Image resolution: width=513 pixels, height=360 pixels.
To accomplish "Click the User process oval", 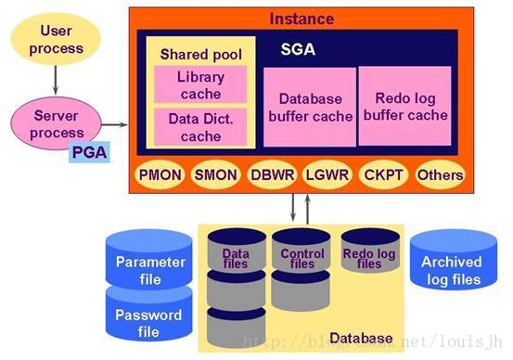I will tap(56, 40).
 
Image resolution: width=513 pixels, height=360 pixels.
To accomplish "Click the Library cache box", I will tap(200, 86).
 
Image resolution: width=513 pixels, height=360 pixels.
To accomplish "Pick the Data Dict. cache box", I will tap(200, 127).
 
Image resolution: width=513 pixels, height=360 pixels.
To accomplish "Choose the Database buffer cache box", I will tap(310, 108).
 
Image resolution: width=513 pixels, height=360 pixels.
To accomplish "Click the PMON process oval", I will tap(160, 174).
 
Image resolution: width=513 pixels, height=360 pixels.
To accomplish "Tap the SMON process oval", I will tap(215, 174).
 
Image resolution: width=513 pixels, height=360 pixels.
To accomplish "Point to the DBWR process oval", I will tap(272, 174).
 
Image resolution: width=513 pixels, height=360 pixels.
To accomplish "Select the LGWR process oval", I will tap(327, 174).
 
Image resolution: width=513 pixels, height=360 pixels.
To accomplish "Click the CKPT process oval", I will tap(383, 174).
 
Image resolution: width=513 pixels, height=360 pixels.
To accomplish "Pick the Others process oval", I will tap(439, 174).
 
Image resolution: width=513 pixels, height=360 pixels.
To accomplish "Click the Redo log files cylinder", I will tap(368, 253).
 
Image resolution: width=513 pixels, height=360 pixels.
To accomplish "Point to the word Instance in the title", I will tap(301, 18).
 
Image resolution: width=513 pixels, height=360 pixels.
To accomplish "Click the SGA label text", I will tap(298, 49).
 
